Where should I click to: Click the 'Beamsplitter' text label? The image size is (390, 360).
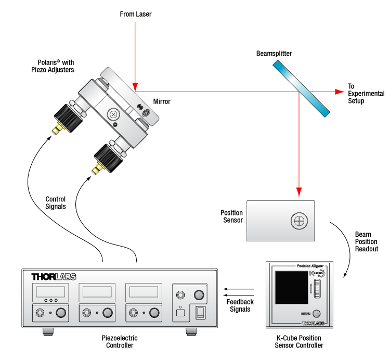click(x=274, y=54)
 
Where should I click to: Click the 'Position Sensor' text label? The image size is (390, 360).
click(x=231, y=216)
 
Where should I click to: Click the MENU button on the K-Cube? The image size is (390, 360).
click(x=316, y=314)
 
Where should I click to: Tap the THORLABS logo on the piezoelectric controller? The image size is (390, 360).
click(x=55, y=277)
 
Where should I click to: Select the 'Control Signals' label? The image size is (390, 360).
click(x=56, y=203)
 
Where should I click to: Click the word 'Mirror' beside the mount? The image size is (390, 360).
click(x=162, y=101)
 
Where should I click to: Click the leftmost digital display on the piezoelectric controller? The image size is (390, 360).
click(x=50, y=291)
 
